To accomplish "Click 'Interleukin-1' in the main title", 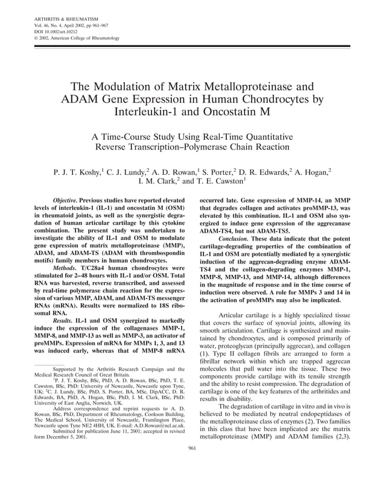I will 148,112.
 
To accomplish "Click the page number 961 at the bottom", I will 192,465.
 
